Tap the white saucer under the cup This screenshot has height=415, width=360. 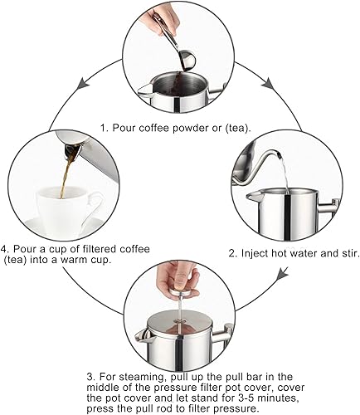pos(50,222)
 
